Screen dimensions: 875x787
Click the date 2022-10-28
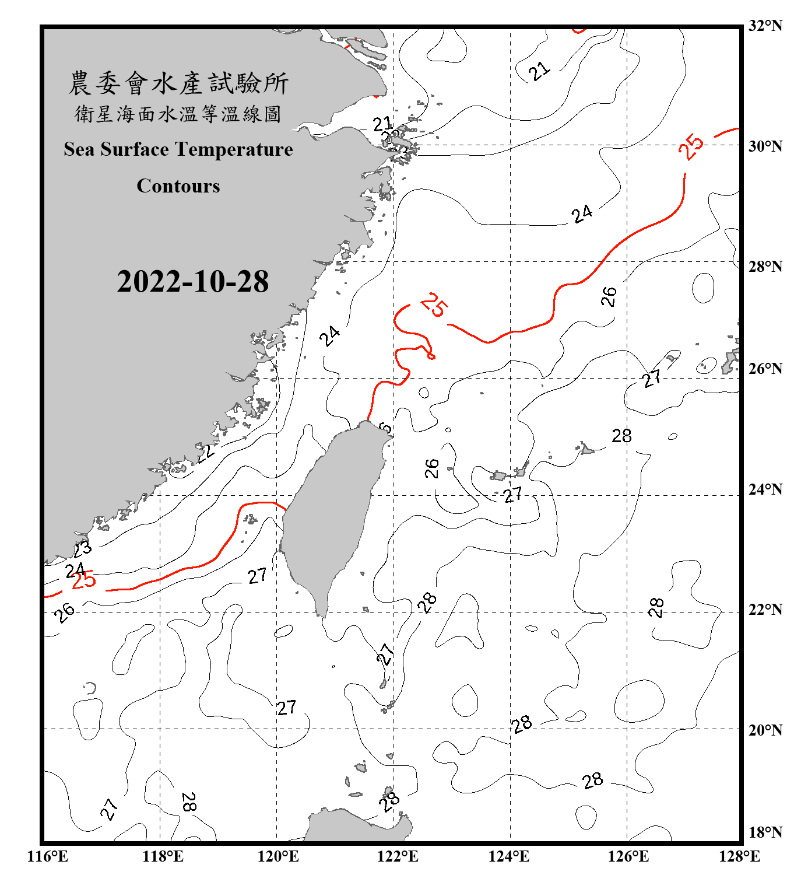pyautogui.click(x=192, y=281)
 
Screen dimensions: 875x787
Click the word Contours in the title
pyautogui.click(x=178, y=185)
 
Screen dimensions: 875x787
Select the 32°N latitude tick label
pyautogui.click(x=765, y=26)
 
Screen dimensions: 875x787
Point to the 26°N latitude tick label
pyautogui.click(x=765, y=369)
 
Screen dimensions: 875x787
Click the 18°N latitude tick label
pyautogui.click(x=765, y=832)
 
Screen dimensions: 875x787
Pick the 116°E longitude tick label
pyautogui.click(x=48, y=856)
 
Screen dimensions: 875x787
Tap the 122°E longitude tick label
pyautogui.click(x=398, y=856)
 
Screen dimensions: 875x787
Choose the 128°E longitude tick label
pyautogui.click(x=739, y=856)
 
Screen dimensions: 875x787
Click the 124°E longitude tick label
pyautogui.click(x=509, y=856)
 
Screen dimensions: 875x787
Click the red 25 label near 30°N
pyautogui.click(x=691, y=146)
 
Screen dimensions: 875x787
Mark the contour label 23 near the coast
pyautogui.click(x=82, y=549)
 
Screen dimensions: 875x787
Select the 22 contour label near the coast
pyautogui.click(x=206, y=452)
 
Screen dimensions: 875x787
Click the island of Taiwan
pyautogui.click(x=332, y=513)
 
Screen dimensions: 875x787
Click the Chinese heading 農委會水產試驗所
pyautogui.click(x=178, y=83)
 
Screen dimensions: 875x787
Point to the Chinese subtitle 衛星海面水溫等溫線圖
pyautogui.click(x=178, y=114)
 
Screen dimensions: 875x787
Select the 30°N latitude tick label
pyautogui.click(x=765, y=146)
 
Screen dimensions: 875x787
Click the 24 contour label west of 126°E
pyautogui.click(x=582, y=213)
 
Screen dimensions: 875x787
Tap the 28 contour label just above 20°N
pyautogui.click(x=522, y=724)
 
